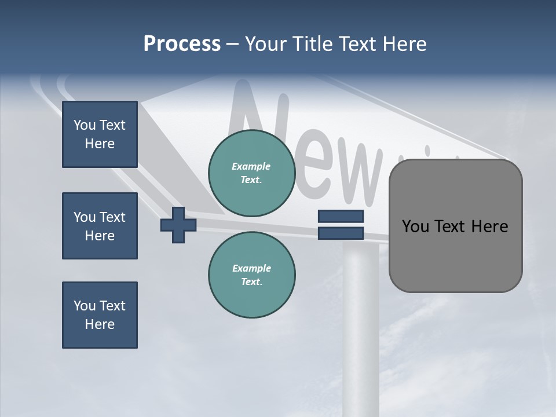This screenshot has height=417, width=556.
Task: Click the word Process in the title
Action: point(182,44)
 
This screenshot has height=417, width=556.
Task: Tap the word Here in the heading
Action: point(402,44)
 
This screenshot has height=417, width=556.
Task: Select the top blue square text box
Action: point(100,134)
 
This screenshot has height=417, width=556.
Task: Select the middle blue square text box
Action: point(100,226)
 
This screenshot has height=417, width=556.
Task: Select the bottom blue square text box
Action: point(100,315)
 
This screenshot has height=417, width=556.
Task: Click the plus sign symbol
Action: point(178,225)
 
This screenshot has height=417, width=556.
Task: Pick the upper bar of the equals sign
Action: point(341,217)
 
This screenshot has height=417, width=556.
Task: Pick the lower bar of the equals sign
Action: point(341,233)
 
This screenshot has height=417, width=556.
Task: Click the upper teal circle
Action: point(251,173)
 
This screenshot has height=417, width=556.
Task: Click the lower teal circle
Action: point(251,275)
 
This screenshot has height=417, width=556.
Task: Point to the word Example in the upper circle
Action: point(251,166)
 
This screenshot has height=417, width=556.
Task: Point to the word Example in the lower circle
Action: point(251,268)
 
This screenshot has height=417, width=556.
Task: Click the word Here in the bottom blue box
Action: point(100,324)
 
